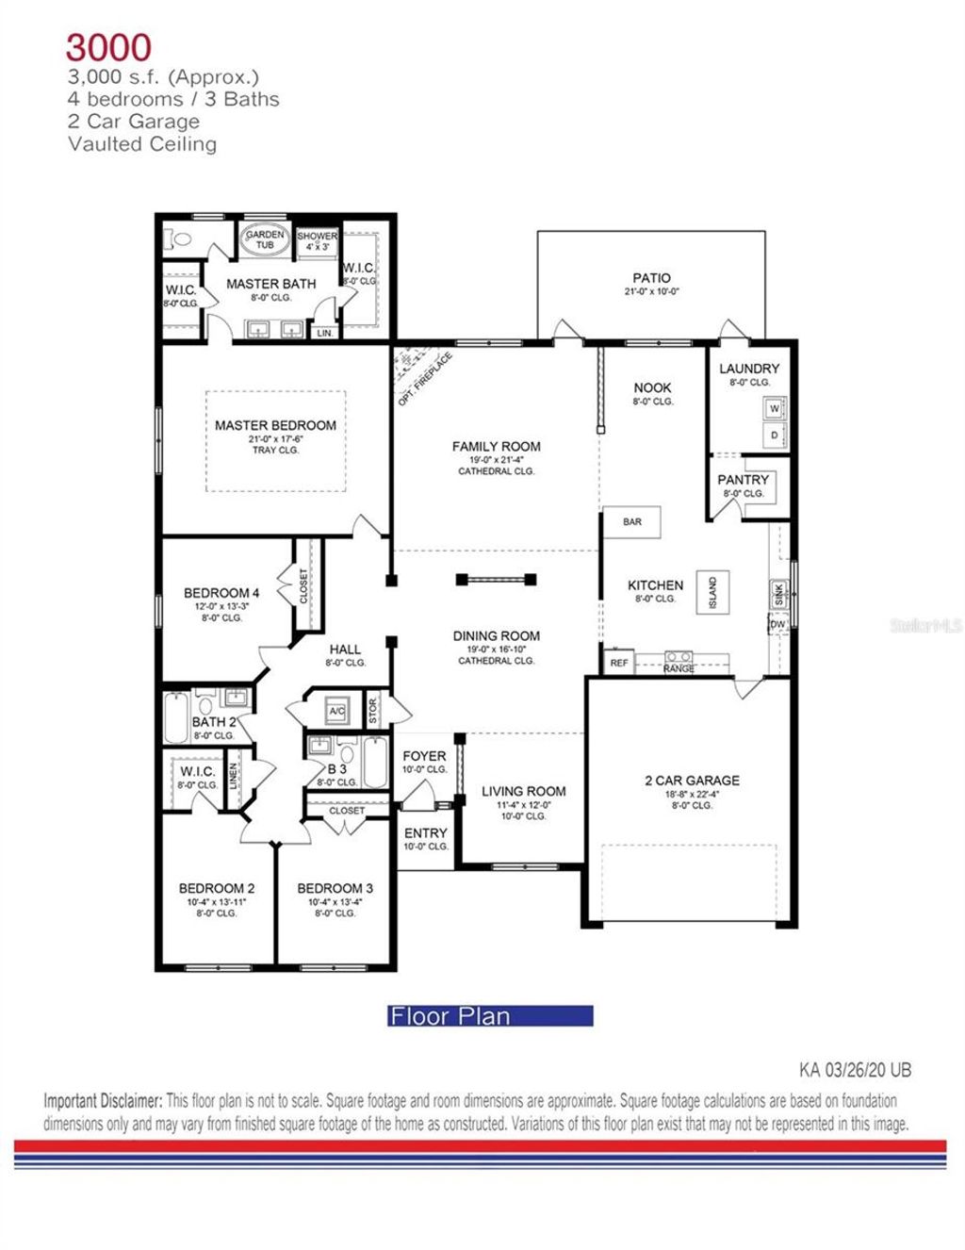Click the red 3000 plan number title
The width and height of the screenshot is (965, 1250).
tap(108, 46)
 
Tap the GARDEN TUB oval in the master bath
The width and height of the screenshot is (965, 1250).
tap(265, 239)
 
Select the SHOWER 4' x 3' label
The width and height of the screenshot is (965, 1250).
tap(318, 240)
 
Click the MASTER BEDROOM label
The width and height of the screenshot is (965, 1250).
tap(275, 426)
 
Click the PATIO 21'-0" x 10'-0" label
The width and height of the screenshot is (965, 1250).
tap(651, 283)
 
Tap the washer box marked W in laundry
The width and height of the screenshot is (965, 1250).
tap(775, 409)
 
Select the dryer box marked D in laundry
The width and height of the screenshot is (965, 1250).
tap(775, 436)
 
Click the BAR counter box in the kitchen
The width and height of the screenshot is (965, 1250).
tap(632, 521)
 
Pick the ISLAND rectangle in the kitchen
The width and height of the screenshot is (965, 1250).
tap(712, 593)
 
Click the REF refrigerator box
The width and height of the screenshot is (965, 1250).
tap(619, 663)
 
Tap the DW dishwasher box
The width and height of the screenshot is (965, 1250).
tap(777, 625)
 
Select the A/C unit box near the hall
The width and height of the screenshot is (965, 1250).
tap(336, 712)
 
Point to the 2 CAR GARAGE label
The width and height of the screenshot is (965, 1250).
tap(692, 781)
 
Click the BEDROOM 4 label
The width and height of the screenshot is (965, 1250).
tap(221, 593)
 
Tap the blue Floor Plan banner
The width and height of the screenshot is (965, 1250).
tap(490, 1016)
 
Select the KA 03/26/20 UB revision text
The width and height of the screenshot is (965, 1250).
tap(855, 1070)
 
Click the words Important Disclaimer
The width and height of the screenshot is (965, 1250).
tap(103, 1100)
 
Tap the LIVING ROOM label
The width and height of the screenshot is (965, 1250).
tap(524, 792)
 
